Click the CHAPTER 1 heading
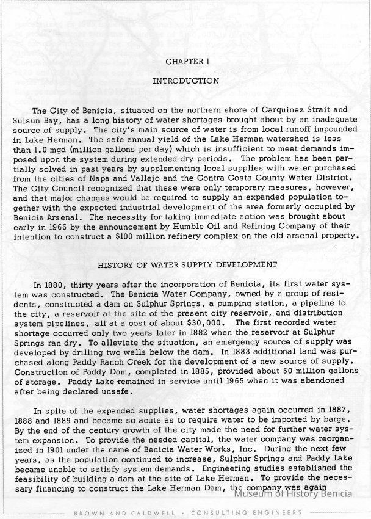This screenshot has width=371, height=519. click(x=187, y=61)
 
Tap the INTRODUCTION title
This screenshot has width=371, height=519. click(x=185, y=81)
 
